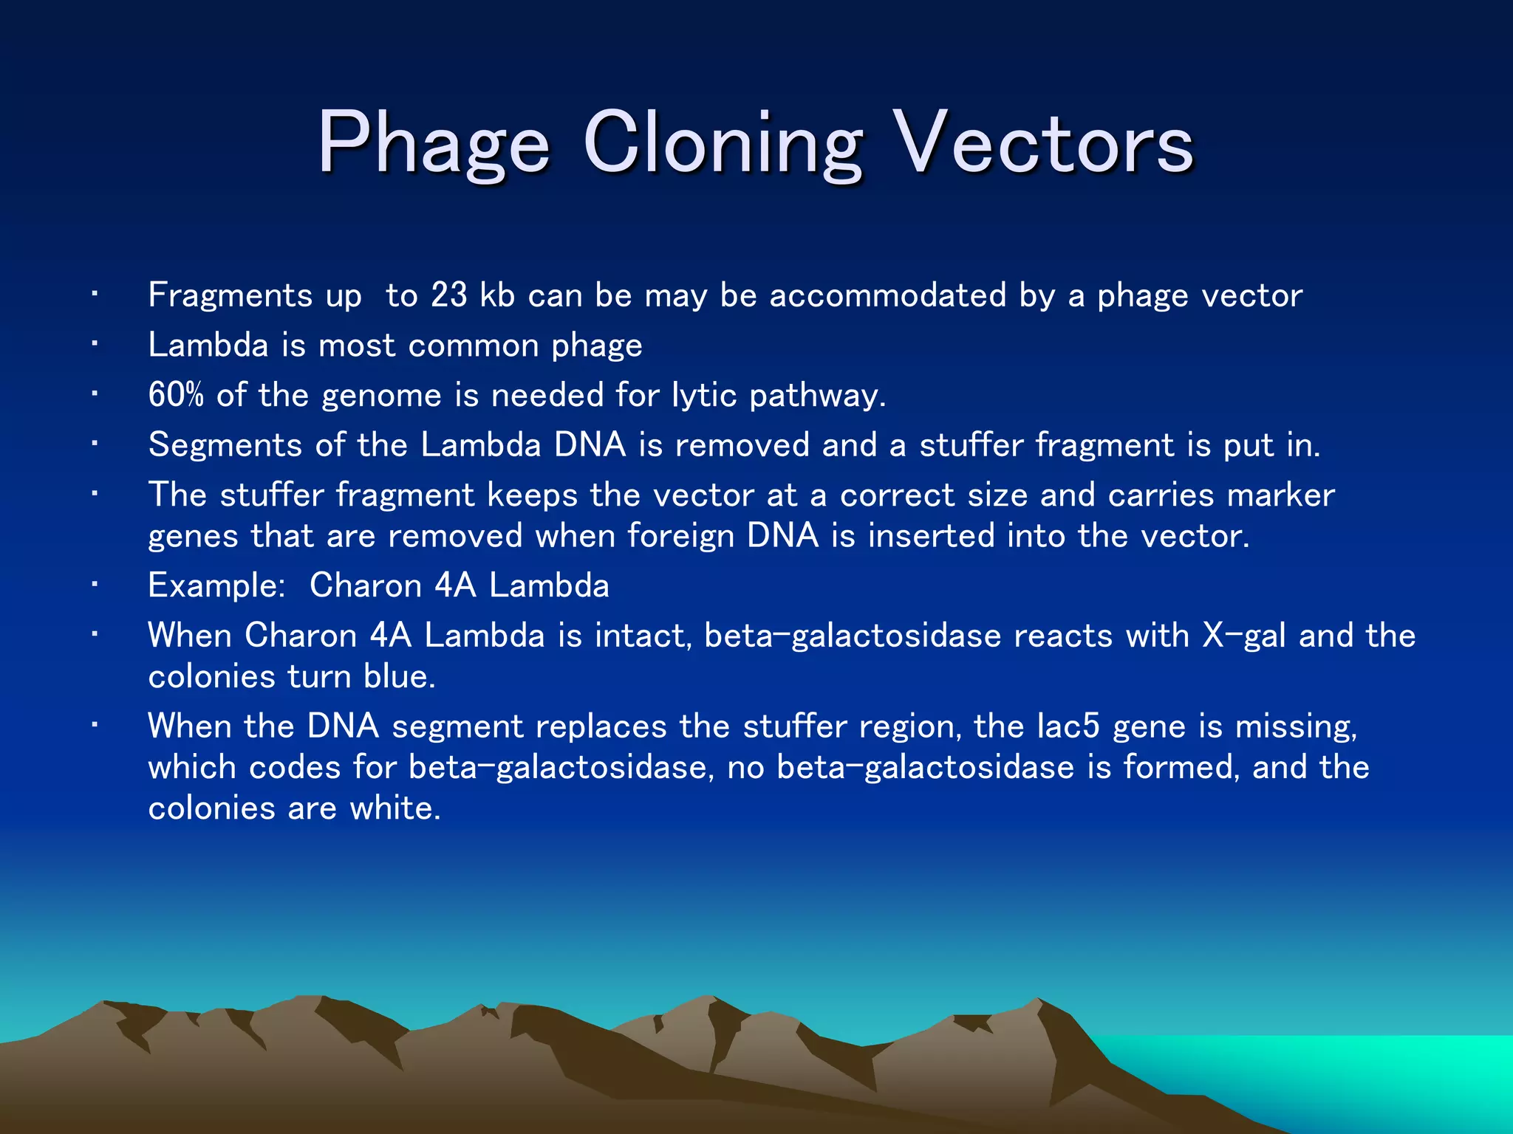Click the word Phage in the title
tap(434, 144)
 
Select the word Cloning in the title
tap(723, 144)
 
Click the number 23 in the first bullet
tap(449, 295)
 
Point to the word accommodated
tap(888, 295)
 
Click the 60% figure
tap(176, 395)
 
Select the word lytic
tap(704, 395)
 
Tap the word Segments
tap(225, 445)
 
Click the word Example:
tap(216, 585)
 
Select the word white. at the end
tap(395, 808)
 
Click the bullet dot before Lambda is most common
tap(95, 344)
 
